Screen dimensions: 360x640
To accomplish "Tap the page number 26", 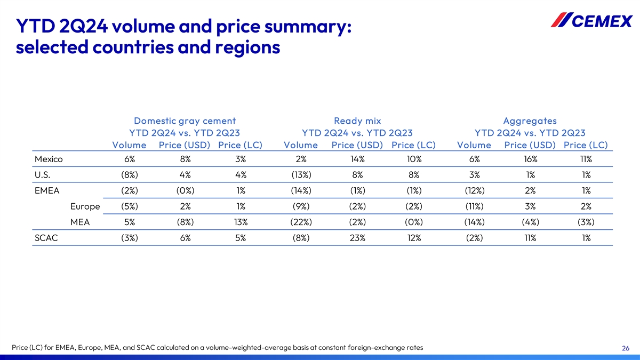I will click(x=626, y=348).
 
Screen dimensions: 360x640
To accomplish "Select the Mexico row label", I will click(x=49, y=159).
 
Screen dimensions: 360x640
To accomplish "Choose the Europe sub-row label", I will click(x=85, y=206).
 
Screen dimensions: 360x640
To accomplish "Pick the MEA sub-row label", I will click(x=79, y=222).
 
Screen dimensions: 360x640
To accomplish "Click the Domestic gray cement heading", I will click(x=185, y=121).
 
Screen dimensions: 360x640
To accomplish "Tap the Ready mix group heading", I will click(x=357, y=121).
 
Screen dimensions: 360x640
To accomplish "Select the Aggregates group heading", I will click(x=530, y=121).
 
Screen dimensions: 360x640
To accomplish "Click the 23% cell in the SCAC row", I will click(x=357, y=238).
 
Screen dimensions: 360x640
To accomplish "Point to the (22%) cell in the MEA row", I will click(x=301, y=222).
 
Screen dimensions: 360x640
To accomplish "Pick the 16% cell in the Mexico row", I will click(x=530, y=159).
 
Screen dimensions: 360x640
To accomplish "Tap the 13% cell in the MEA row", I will click(x=240, y=222).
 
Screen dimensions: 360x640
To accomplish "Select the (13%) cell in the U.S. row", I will click(x=301, y=175).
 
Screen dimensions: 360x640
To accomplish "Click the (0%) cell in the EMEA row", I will click(x=185, y=191).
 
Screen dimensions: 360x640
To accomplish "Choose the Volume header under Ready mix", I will click(x=301, y=145).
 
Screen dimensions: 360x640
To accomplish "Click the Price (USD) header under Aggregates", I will click(x=530, y=145).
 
